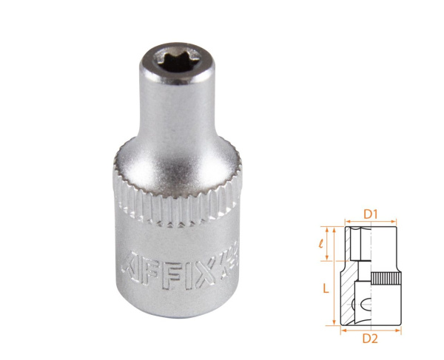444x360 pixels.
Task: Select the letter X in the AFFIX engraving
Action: point(193,262)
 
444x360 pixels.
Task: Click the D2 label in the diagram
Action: point(371,339)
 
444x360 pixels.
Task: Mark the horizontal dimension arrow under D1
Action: point(371,223)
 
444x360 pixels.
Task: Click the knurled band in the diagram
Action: point(385,280)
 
